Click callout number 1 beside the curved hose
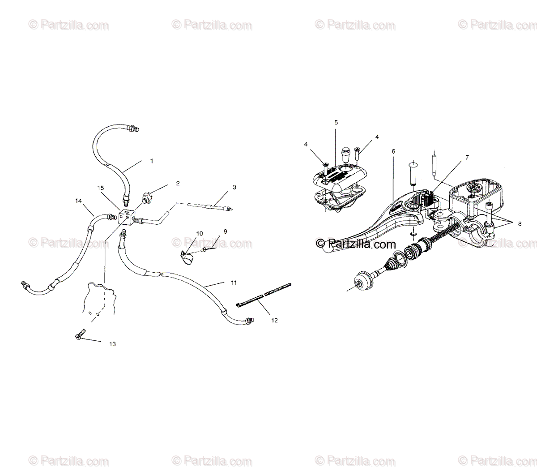click(151, 161)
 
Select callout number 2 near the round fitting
click(165, 183)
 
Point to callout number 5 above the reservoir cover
click(336, 122)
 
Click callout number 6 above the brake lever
click(393, 151)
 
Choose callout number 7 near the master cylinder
click(467, 157)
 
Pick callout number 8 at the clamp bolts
click(520, 224)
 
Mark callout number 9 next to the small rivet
click(225, 231)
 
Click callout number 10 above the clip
click(199, 233)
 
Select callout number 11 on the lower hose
click(233, 283)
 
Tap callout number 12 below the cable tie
click(274, 320)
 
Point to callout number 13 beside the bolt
click(112, 344)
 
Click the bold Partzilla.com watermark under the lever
click(356, 244)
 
